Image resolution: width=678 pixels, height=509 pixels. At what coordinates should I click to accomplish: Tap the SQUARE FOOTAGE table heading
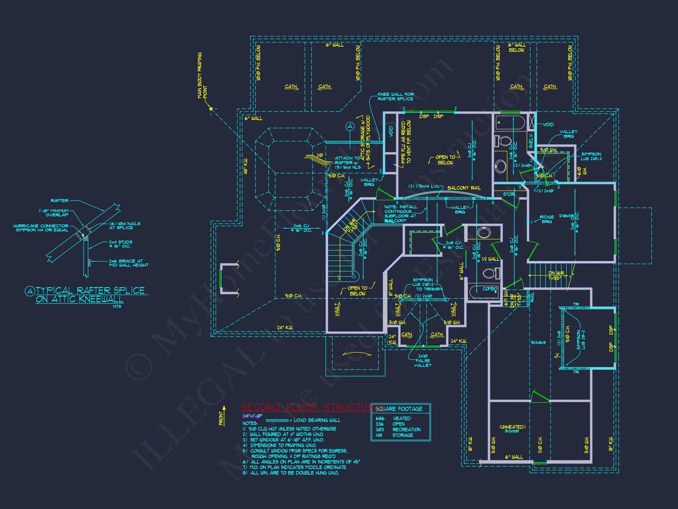[x=399, y=409]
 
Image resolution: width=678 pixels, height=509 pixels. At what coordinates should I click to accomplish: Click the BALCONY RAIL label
[x=464, y=188]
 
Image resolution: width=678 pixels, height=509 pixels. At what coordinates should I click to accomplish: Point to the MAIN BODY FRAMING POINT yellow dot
[x=211, y=109]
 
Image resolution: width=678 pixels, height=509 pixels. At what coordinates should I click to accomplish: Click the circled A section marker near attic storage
[x=350, y=126]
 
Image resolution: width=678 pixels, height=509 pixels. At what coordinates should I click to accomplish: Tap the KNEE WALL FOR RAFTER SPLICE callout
[x=395, y=97]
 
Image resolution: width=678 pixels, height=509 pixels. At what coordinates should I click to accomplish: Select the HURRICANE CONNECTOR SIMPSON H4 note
[x=41, y=228]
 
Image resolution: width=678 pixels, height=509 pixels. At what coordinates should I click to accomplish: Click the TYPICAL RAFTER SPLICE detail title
[x=90, y=295]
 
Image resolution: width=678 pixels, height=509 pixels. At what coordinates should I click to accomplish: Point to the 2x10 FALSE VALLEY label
[x=423, y=361]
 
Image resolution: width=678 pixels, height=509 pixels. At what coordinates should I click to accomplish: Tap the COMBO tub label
[x=490, y=289]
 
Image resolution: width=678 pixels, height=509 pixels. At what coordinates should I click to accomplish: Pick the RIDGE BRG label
[x=546, y=219]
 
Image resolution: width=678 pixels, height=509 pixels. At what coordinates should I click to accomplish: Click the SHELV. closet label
[x=531, y=141]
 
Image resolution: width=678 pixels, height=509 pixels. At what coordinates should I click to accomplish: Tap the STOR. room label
[x=509, y=194]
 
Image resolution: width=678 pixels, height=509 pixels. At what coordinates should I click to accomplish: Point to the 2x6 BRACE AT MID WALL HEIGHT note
[x=129, y=263]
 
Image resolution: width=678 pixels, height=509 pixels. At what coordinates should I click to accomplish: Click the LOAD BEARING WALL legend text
[x=317, y=420]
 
